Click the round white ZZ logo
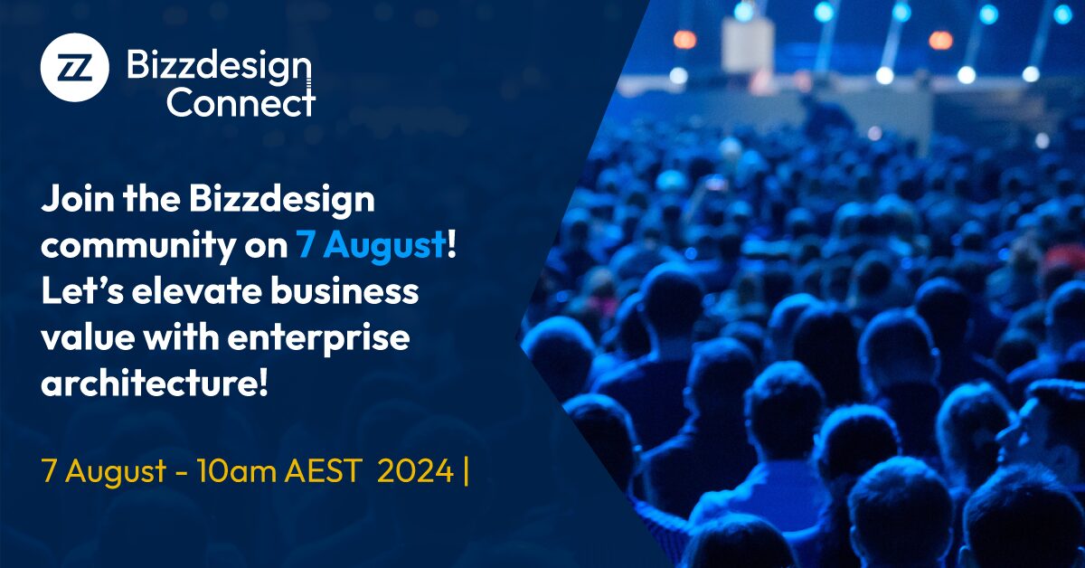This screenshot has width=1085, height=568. coord(74,67)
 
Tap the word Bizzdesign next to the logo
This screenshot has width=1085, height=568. coord(219,68)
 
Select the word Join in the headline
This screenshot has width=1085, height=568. coord(78,200)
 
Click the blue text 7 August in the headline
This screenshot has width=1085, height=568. coord(371,245)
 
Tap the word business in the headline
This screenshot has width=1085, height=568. coord(344,291)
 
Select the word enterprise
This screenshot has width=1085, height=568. coord(318,338)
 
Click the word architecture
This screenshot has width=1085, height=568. coord(147,383)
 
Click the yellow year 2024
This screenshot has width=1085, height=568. coord(415,470)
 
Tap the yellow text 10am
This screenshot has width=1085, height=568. coord(236,471)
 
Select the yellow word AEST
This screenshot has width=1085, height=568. coord(323,470)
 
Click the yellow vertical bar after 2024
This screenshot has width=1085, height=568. coord(466,470)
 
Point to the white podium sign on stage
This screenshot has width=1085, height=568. coord(747,45)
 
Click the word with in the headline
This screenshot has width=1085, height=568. coord(181,337)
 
